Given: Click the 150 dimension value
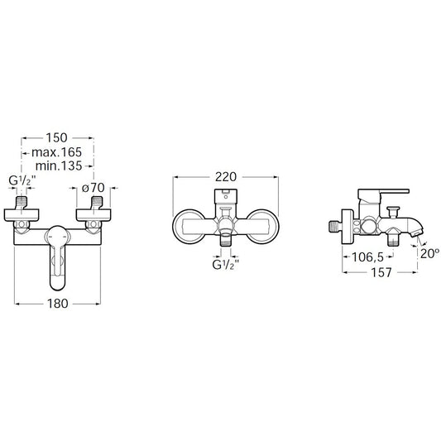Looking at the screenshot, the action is pyautogui.click(x=57, y=138).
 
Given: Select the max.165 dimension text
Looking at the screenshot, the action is pyautogui.click(x=57, y=152).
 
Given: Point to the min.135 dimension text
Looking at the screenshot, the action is pyautogui.click(x=59, y=165).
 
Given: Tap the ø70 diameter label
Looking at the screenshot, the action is pyautogui.click(x=93, y=188).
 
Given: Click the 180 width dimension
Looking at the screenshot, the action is pyautogui.click(x=58, y=304).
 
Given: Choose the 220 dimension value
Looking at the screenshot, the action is pyautogui.click(x=226, y=176).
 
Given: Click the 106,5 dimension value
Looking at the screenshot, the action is pyautogui.click(x=368, y=256).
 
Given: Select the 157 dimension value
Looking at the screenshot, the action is pyautogui.click(x=381, y=272).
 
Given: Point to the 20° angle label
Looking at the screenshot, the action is pyautogui.click(x=429, y=254).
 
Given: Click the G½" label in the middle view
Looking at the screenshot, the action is pyautogui.click(x=226, y=265).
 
